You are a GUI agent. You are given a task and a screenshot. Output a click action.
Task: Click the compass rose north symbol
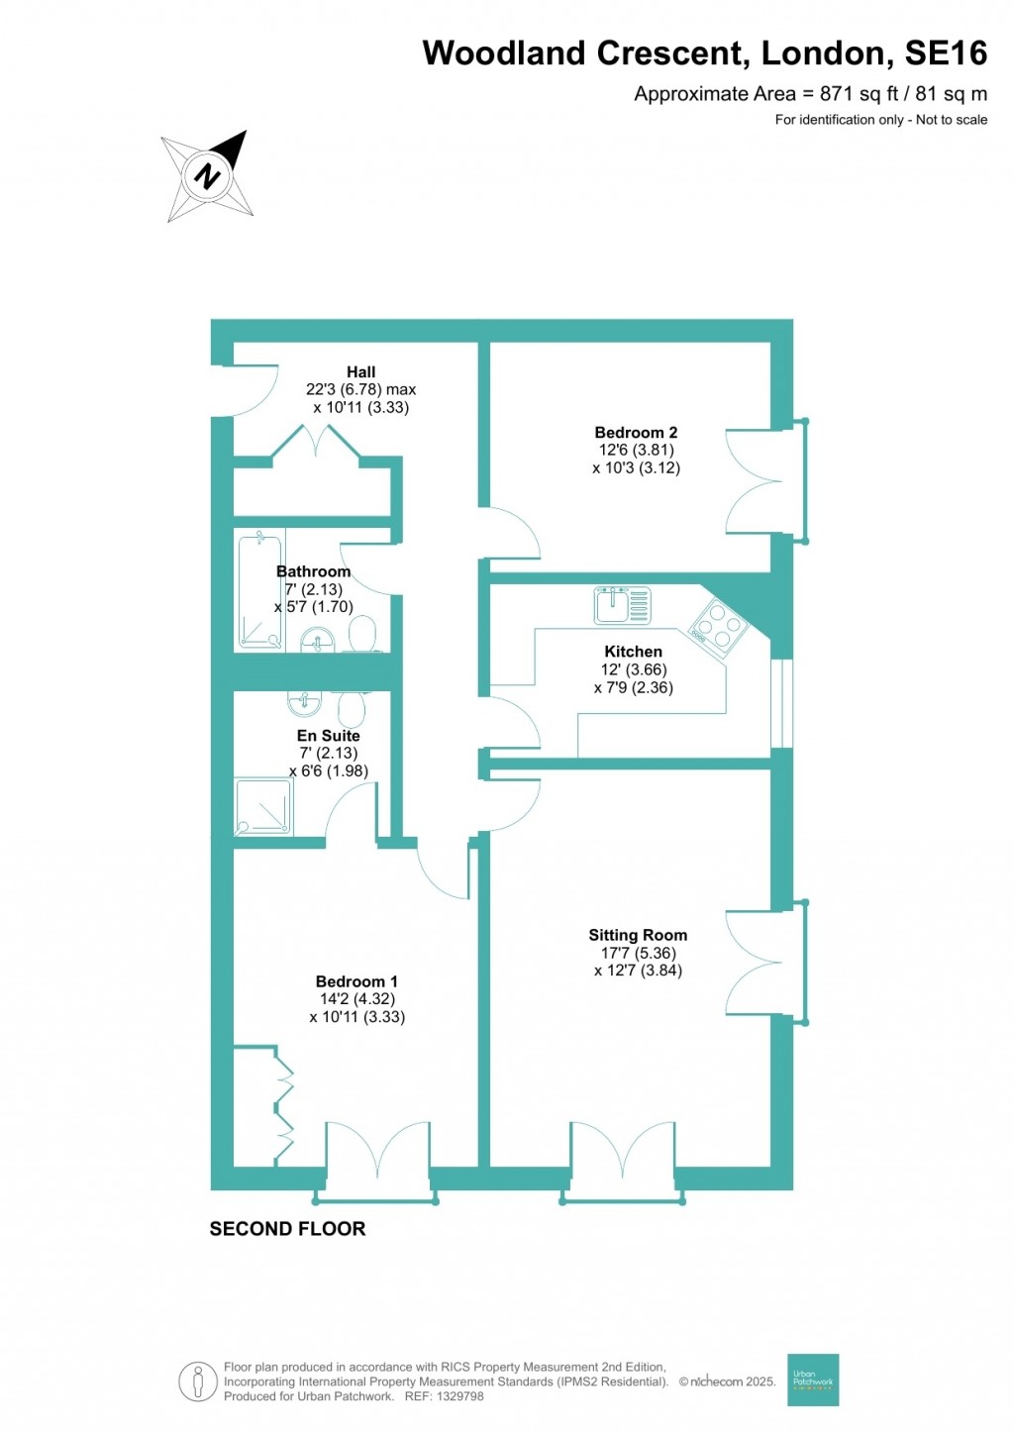point(208,175)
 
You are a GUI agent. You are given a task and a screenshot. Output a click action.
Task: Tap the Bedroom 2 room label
point(636,433)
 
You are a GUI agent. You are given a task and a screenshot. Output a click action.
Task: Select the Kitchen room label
point(633,652)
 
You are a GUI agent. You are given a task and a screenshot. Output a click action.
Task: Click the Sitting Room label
point(637,935)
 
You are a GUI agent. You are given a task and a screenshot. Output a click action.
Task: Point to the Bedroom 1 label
point(356,981)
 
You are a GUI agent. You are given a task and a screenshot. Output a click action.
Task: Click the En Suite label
point(328,736)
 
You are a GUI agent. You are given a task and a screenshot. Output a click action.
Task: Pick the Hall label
point(360,372)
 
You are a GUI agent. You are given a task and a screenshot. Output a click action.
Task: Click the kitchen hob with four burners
point(719,626)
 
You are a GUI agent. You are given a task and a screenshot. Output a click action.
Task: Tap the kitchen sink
point(623,605)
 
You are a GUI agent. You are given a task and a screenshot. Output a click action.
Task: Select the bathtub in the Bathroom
point(259,589)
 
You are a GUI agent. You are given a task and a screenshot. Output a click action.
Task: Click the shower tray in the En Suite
point(263,807)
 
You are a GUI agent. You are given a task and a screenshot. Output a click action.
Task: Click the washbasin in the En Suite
point(304,702)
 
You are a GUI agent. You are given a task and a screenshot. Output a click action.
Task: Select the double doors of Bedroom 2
point(755,482)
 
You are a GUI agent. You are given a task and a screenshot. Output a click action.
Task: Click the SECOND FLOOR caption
point(287,1229)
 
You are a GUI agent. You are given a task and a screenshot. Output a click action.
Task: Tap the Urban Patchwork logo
point(813,1380)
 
